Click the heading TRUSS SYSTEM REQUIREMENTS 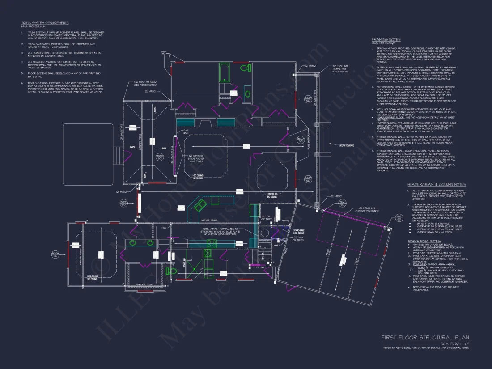45,23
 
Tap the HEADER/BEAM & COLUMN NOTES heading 436,184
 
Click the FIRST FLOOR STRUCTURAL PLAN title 425,337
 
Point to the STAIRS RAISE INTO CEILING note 286,232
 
